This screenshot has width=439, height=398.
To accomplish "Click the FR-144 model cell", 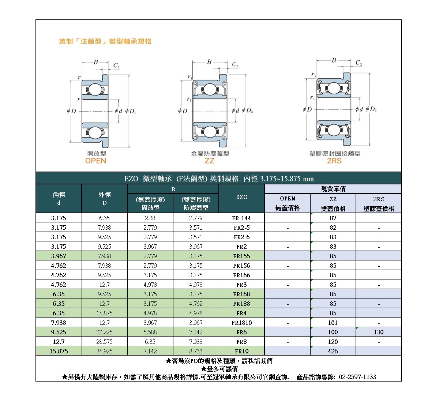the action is [241, 218].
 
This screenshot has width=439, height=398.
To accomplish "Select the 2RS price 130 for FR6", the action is [379, 332].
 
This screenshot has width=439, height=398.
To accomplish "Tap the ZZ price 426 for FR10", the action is [333, 351].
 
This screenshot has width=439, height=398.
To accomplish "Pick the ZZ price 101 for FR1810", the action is [333, 323].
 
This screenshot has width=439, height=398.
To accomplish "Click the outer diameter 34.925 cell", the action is [104, 351].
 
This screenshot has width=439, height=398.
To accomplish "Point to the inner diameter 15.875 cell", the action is [59, 351].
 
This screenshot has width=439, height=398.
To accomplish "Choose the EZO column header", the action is [241, 197].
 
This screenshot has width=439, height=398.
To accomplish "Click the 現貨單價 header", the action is [333, 189].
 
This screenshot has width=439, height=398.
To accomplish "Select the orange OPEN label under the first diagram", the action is [95, 161].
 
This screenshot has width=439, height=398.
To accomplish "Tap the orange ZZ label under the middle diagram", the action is [209, 161].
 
